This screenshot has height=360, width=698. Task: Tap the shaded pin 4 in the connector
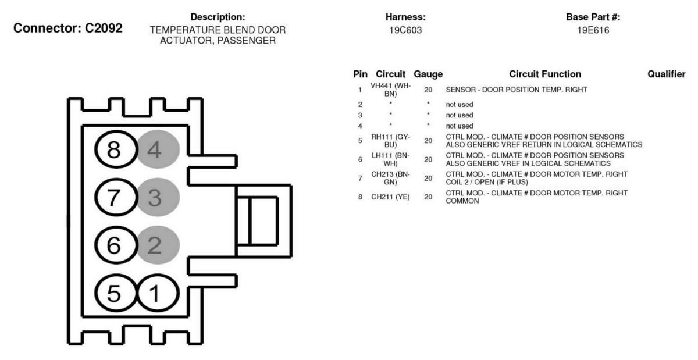pos(158,149)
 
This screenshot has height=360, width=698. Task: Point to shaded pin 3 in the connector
pos(158,197)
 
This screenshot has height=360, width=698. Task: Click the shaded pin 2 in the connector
pos(158,245)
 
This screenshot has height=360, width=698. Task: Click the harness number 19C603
pos(405,30)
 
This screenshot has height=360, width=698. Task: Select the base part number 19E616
pos(593,30)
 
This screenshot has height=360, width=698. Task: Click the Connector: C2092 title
pos(68,28)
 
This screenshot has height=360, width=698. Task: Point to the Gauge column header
pos(428,74)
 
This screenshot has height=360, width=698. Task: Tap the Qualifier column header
pos(666,74)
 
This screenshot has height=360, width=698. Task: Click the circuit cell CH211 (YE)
pos(390,197)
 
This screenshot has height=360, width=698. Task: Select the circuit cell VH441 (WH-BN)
pos(390,90)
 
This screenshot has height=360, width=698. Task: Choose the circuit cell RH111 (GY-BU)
pos(390,141)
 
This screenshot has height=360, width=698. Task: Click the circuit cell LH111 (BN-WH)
pos(390,159)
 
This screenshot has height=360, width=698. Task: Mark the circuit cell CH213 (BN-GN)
pos(390,178)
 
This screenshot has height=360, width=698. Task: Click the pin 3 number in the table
pos(360,115)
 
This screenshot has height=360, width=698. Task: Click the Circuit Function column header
pos(545,74)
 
